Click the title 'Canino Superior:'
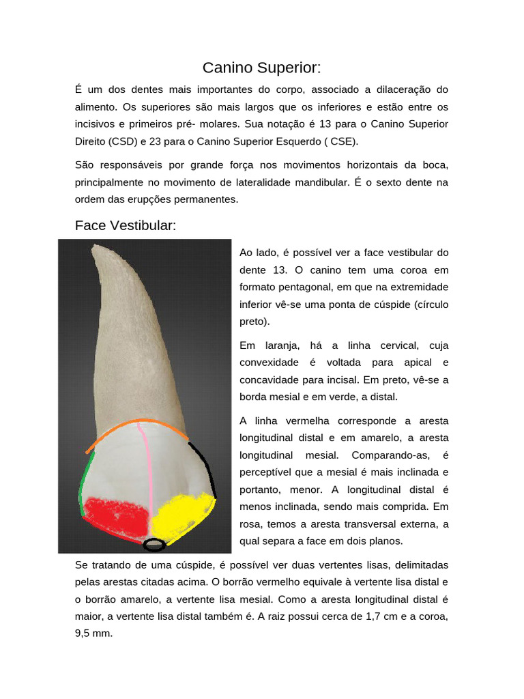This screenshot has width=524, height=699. coord(261,68)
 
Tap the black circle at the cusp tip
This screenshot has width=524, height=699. coord(155,545)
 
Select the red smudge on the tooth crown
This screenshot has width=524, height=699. coord(116,516)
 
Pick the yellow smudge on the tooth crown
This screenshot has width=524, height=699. coord(181,514)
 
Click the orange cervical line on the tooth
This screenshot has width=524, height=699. coord(136,425)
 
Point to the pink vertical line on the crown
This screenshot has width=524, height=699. coord(145,478)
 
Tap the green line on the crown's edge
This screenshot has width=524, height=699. coord(85,485)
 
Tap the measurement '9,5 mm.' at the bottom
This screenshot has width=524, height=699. coord(93,633)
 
